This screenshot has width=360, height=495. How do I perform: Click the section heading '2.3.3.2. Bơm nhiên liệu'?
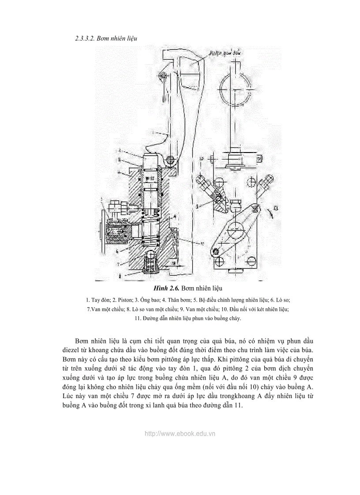tap(106, 38)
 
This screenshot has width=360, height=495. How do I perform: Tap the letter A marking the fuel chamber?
tap(175, 216)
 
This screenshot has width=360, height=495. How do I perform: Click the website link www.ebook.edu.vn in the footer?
tap(180, 433)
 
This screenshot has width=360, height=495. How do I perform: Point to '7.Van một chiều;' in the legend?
tap(105, 309)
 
